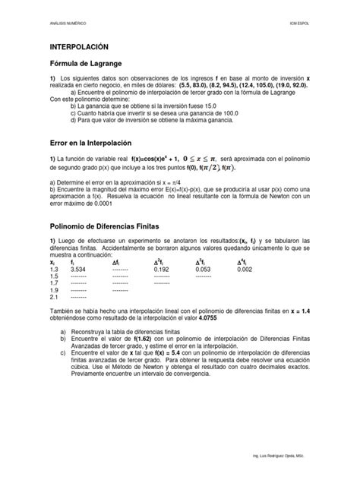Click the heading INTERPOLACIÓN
point(79,46)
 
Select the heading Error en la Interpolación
point(91,143)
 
